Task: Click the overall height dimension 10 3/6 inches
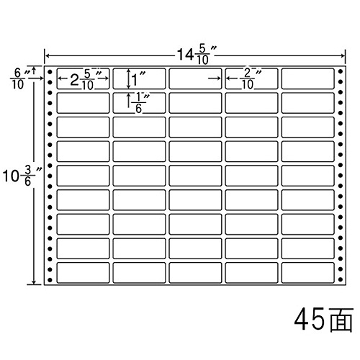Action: pos(22,176)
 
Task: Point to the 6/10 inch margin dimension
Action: pos(20,78)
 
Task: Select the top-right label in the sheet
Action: pos(307,78)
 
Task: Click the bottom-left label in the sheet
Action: pos(83,273)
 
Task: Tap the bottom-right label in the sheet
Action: pos(307,273)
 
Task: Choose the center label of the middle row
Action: pos(195,176)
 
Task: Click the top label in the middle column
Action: pos(195,78)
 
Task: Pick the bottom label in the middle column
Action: pos(195,273)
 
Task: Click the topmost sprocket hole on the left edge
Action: pos(50,72)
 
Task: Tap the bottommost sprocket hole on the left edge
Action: pos(50,279)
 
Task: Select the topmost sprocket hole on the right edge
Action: pos(341,71)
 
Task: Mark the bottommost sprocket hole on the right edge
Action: pos(341,279)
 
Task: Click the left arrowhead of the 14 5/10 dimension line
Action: pos(47,56)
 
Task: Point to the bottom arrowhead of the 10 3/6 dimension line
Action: pos(34,282)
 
